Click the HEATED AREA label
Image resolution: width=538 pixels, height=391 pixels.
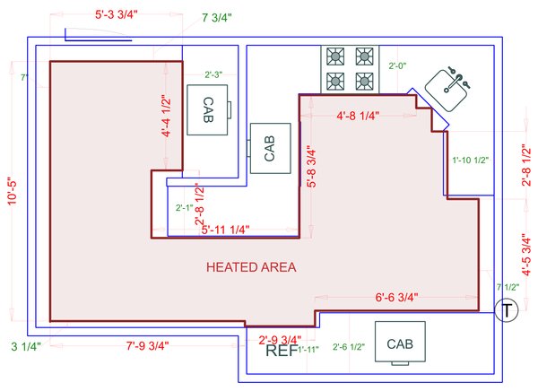[251, 267]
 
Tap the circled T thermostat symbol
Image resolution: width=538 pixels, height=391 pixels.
[508, 311]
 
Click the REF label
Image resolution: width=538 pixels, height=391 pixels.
[282, 351]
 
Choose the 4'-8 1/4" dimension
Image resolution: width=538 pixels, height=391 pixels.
[358, 116]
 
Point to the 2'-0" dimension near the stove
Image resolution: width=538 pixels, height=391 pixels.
[398, 66]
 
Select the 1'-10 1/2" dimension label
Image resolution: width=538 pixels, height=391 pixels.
[470, 161]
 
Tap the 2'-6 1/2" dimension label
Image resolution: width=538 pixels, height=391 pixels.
[349, 347]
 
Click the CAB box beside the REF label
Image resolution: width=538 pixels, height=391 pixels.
[399, 343]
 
